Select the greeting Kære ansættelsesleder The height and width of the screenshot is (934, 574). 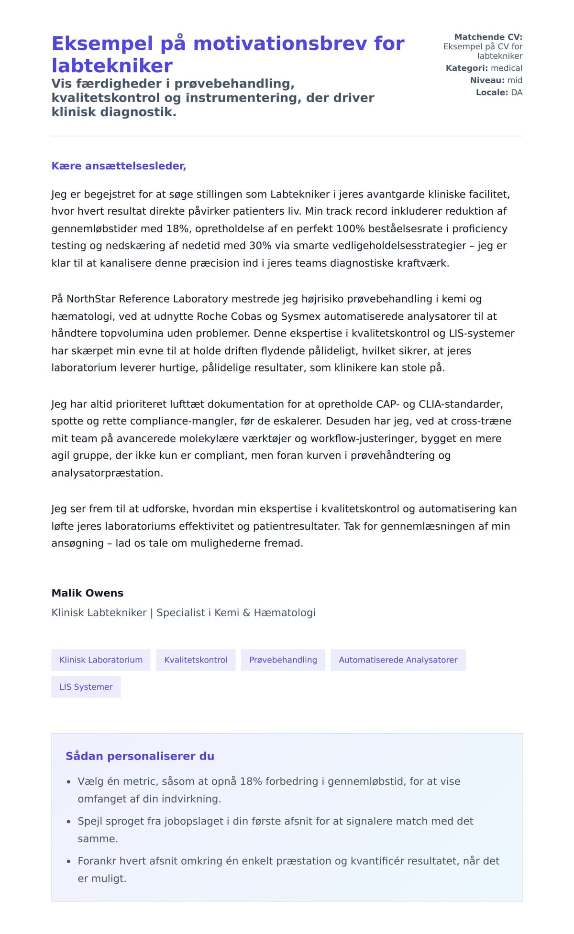tap(119, 166)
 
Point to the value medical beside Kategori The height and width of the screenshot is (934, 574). tap(507, 68)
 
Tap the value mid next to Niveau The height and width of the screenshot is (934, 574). tap(515, 80)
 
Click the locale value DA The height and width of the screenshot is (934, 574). tap(517, 92)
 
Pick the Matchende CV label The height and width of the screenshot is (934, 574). tap(488, 37)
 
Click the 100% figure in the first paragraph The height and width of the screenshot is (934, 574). tap(351, 228)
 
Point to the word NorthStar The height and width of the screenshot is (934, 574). tap(91, 299)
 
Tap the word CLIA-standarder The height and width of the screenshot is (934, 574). tap(461, 404)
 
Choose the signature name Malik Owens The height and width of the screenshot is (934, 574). tap(88, 593)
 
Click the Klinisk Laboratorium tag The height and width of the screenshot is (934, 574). tap(101, 660)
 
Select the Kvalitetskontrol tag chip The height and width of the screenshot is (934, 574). tap(196, 660)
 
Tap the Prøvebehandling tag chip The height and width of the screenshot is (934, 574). tap(283, 660)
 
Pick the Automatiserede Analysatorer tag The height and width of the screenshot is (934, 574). tap(398, 660)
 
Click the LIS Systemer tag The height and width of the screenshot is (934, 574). tap(86, 687)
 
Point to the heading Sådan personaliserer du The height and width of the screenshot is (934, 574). tap(140, 756)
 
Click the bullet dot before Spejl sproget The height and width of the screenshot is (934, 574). tap(68, 822)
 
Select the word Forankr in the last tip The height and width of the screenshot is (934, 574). tap(97, 861)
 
